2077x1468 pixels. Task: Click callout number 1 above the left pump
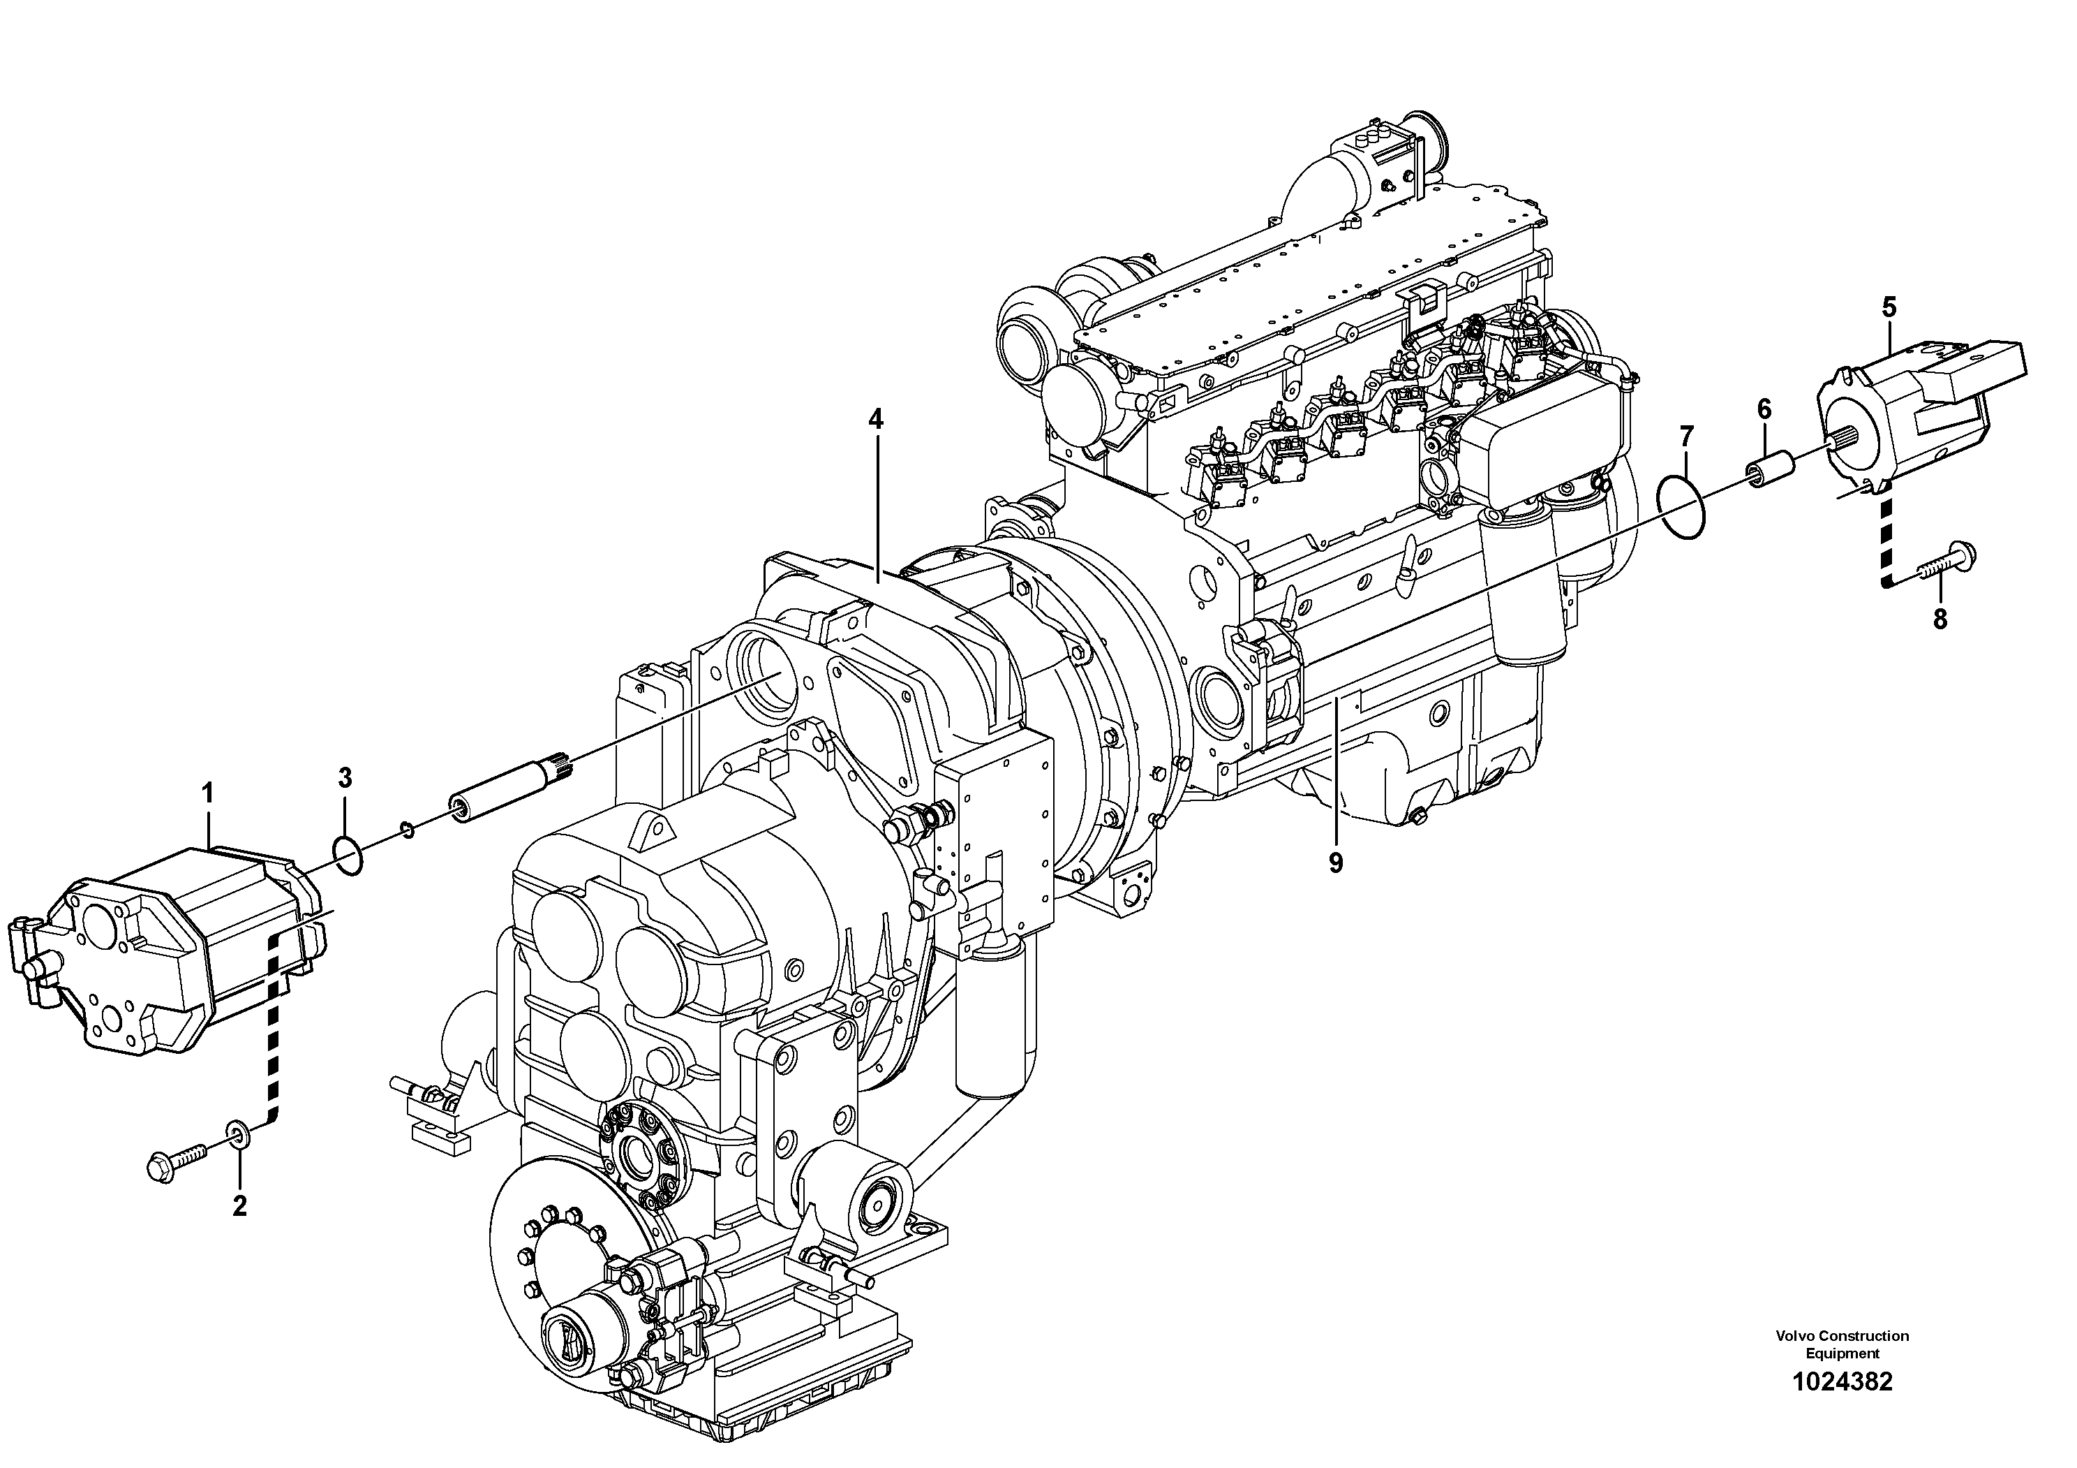(207, 794)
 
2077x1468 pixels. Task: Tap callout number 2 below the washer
(239, 1205)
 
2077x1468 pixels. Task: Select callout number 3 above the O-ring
(345, 777)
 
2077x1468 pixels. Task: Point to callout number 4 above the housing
(874, 419)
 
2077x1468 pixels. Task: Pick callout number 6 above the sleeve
(1764, 409)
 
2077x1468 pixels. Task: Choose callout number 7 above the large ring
(1686, 437)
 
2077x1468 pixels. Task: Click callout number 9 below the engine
(1335, 863)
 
